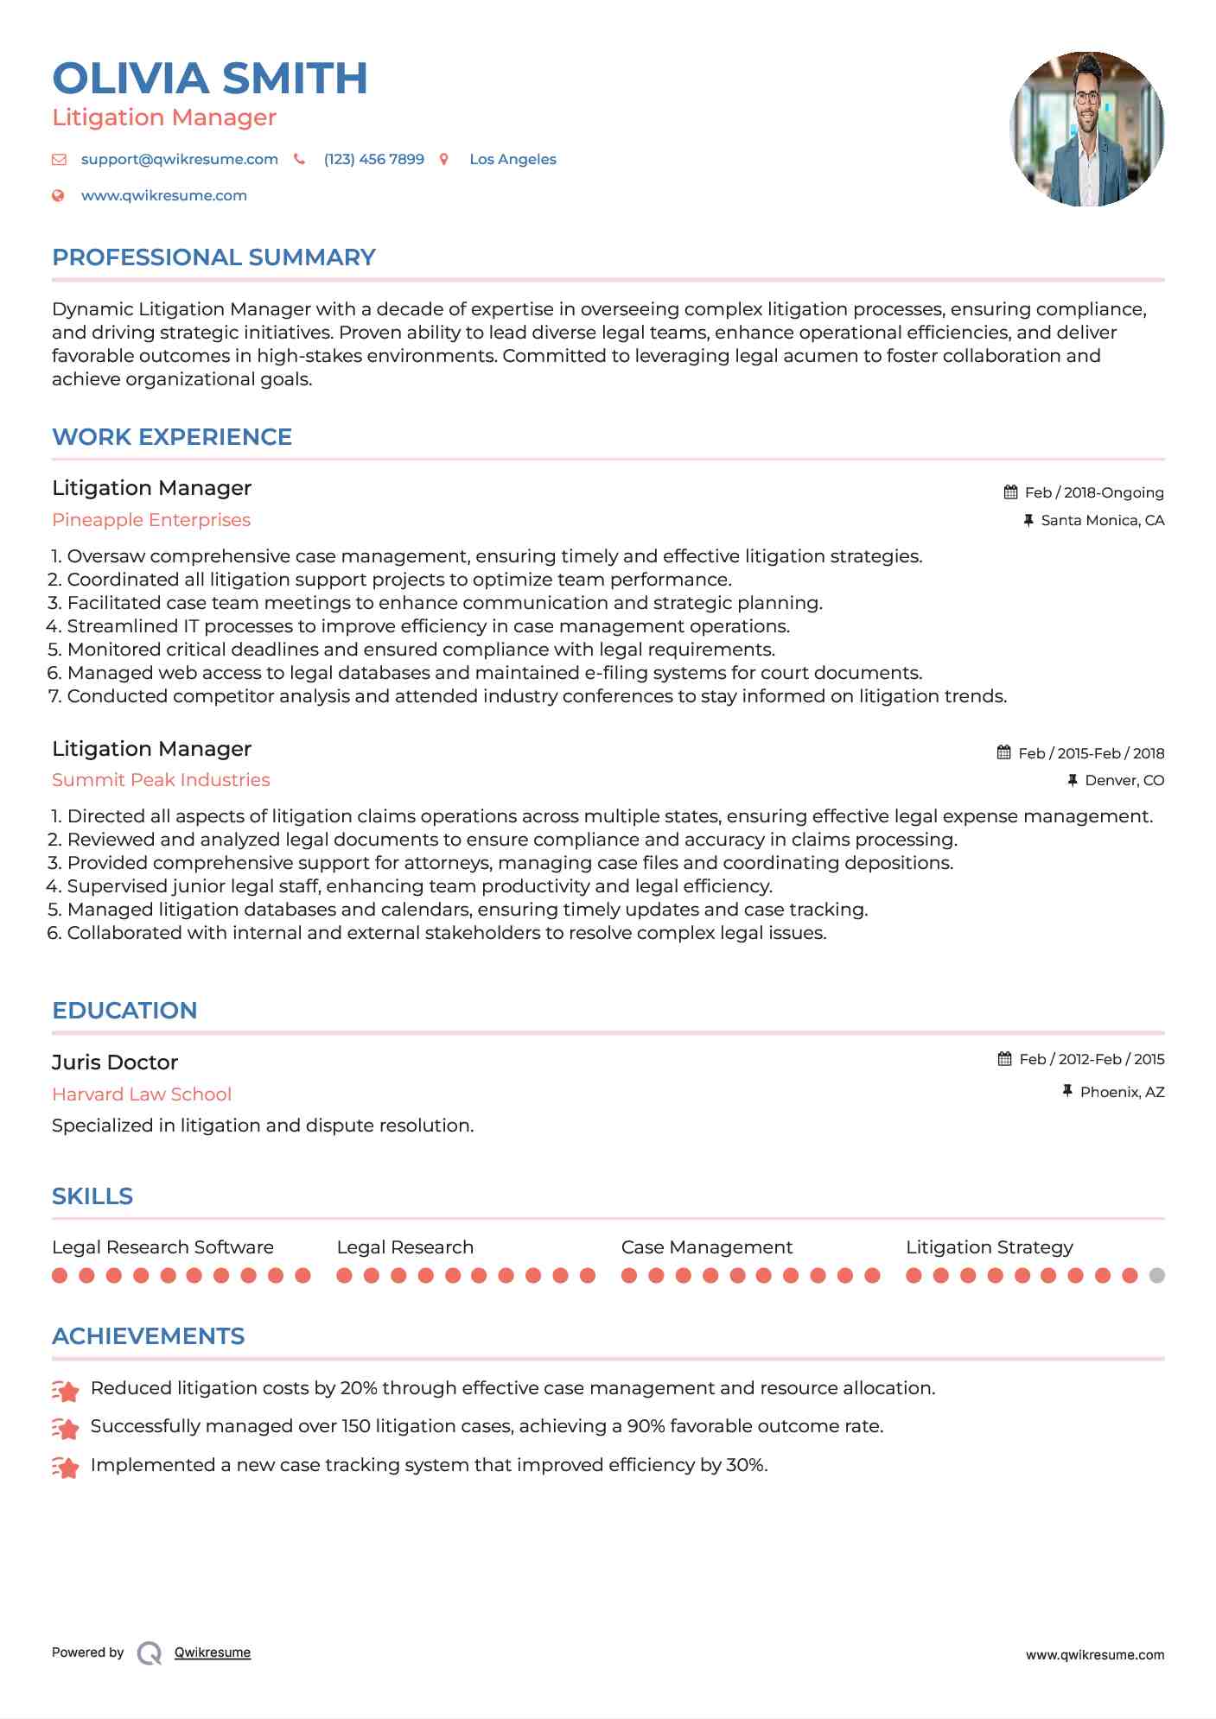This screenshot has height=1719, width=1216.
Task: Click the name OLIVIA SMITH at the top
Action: tap(210, 79)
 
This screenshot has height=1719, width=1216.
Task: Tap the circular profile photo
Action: tap(1086, 129)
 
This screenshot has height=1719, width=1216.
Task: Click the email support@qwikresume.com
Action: tap(179, 160)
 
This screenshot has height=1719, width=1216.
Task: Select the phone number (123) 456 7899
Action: tap(373, 160)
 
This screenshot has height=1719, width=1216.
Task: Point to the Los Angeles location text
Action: tap(513, 160)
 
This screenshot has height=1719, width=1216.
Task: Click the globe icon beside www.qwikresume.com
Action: tap(58, 196)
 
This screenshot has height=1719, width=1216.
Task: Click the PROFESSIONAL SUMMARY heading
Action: tap(213, 257)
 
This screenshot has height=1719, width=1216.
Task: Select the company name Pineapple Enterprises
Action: tap(151, 520)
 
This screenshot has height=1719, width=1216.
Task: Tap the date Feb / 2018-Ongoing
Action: tap(1093, 493)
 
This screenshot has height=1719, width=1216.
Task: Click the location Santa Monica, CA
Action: tap(1102, 521)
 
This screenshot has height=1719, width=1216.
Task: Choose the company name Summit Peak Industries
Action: tap(161, 780)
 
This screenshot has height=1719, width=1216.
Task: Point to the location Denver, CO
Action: tap(1124, 781)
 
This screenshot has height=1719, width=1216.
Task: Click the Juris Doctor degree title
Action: tap(115, 1062)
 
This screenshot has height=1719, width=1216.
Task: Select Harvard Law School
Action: tap(142, 1094)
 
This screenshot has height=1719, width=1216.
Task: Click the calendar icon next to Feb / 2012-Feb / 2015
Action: tap(1004, 1059)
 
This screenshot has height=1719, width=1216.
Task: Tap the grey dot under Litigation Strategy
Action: tap(1156, 1276)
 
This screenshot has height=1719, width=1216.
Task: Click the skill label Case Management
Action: tap(706, 1247)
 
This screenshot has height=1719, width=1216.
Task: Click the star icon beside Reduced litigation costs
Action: tap(66, 1390)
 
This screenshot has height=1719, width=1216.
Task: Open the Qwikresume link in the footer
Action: tap(213, 1652)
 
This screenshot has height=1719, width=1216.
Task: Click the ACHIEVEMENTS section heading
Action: tap(148, 1336)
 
